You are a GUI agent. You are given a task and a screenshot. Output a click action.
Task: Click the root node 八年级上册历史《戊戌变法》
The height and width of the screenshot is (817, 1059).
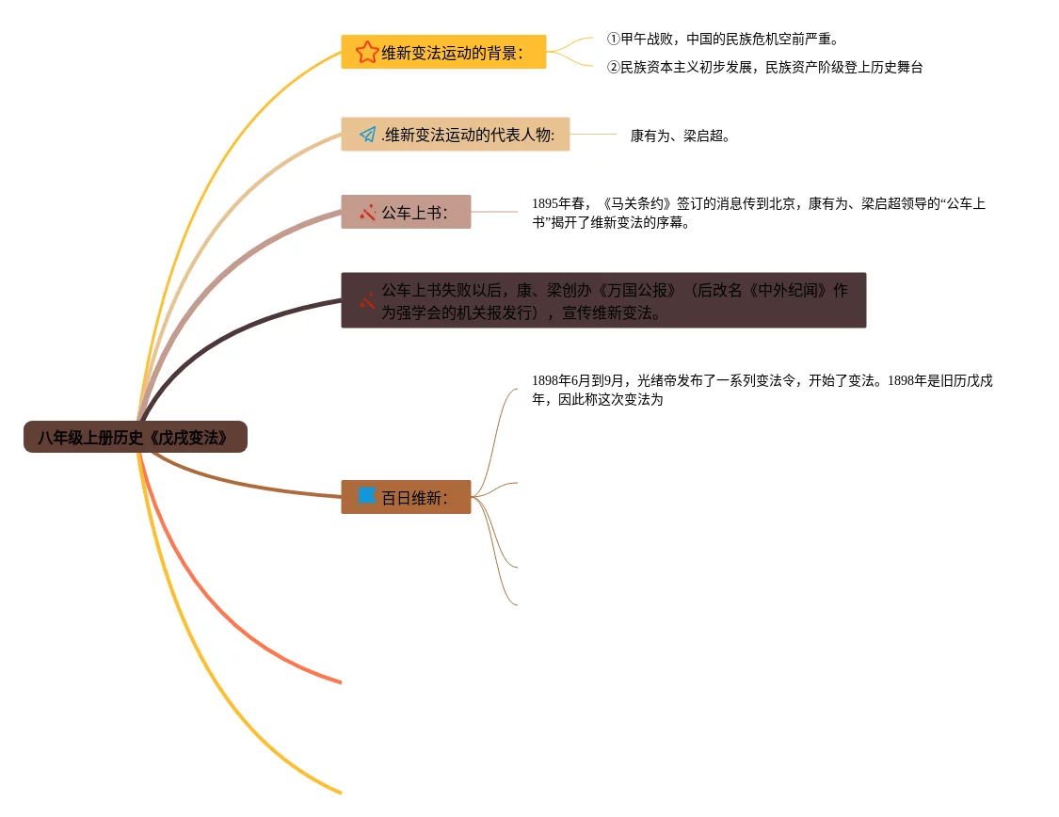136,437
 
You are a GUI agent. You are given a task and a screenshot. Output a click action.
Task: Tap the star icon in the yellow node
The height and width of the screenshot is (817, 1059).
367,52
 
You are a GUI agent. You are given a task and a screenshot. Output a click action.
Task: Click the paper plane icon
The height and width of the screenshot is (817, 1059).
368,135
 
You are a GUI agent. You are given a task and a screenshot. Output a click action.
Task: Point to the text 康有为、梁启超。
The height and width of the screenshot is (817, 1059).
680,136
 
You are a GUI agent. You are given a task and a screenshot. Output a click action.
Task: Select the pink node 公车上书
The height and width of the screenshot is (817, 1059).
414,213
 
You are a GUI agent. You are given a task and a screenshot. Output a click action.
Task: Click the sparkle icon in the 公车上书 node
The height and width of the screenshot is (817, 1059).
367,213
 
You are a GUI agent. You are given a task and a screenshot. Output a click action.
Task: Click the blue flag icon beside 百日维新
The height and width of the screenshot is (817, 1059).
367,496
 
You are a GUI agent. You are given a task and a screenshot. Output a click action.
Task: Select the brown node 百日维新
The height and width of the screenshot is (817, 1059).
414,497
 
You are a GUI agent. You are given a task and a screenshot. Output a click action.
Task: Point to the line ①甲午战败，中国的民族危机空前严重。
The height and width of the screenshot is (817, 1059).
722,40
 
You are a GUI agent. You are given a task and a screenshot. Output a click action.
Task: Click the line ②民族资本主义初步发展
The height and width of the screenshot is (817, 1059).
764,68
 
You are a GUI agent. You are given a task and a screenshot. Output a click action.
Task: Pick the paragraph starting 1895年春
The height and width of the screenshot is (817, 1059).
758,213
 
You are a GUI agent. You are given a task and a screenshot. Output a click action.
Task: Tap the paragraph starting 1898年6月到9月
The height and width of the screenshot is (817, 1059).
762,390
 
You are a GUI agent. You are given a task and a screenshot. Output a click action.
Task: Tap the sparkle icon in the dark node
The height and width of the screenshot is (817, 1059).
367,301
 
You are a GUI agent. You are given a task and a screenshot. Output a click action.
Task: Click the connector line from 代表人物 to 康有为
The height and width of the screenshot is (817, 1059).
594,135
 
